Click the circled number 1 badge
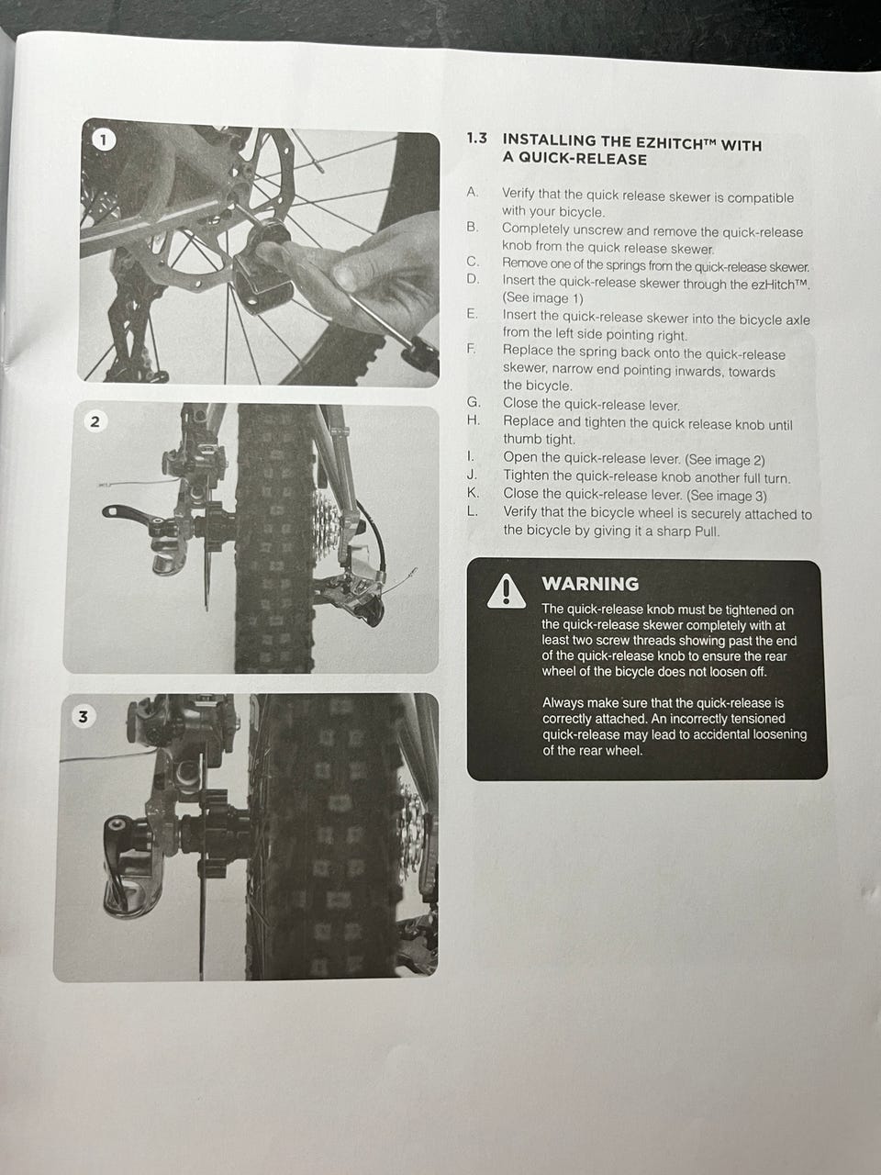[x=104, y=140]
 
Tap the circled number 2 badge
[x=95, y=422]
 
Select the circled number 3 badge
[x=83, y=717]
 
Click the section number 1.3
[x=476, y=139]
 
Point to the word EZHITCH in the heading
[x=661, y=142]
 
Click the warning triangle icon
[x=506, y=592]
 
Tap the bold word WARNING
[x=590, y=584]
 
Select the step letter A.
[x=472, y=192]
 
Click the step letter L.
[x=472, y=511]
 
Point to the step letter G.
[x=474, y=403]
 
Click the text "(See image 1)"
[x=542, y=297]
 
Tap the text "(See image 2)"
[x=725, y=460]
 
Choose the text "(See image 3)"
[x=727, y=496]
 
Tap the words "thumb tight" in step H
[x=540, y=440]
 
